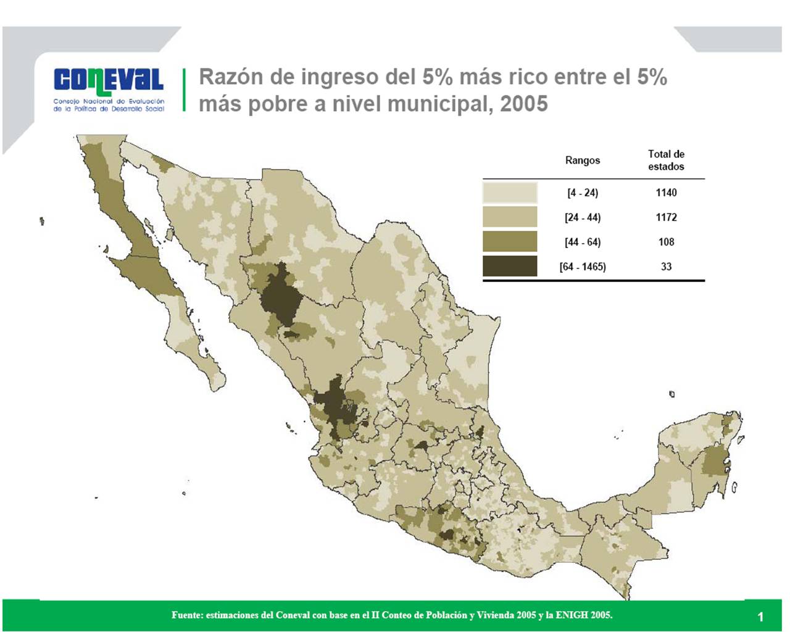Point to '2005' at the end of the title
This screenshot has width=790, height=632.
tap(524, 104)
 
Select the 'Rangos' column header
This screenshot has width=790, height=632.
tap(582, 160)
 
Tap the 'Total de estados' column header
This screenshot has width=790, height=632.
tap(666, 160)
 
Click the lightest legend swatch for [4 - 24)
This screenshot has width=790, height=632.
tap(510, 193)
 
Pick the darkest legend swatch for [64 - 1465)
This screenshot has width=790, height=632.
tap(510, 267)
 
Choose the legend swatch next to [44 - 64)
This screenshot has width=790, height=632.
tap(510, 242)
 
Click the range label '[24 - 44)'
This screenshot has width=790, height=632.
tap(582, 217)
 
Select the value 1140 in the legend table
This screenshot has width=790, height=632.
tap(666, 193)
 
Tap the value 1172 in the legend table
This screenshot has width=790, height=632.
tap(666, 217)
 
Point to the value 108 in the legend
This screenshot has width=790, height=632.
tap(666, 242)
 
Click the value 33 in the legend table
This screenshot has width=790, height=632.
tap(666, 267)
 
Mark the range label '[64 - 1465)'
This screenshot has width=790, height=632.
tap(582, 267)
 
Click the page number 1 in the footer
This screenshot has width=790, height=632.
tap(760, 617)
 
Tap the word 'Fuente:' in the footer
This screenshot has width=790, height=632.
tap(186, 615)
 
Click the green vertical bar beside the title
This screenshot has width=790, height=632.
tap(184, 89)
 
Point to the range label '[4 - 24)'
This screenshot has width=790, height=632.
tap(582, 193)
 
